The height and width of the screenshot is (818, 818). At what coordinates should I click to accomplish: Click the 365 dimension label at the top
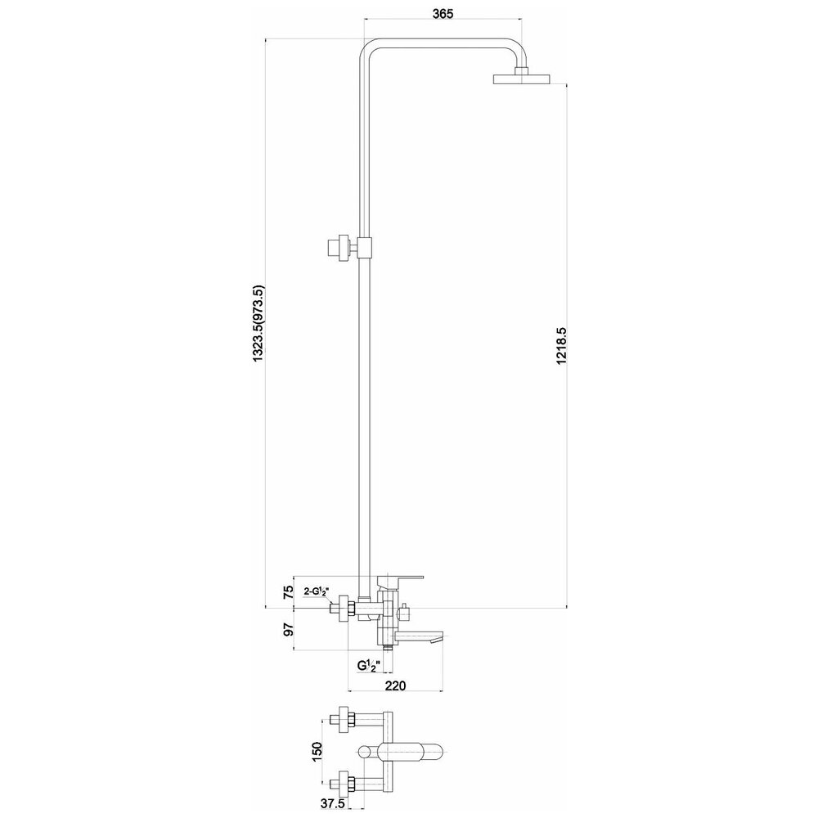(443, 14)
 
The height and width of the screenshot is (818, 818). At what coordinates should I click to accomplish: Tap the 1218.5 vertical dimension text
(561, 346)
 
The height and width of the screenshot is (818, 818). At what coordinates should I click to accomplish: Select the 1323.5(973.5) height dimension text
(258, 324)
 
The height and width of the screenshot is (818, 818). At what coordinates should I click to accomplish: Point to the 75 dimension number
(288, 592)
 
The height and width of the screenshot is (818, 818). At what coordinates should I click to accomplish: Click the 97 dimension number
(288, 629)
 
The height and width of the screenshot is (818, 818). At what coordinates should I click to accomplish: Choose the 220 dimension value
(395, 685)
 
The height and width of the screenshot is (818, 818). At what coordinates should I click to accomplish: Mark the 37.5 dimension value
(332, 804)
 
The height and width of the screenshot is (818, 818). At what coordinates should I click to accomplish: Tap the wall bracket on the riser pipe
(349, 247)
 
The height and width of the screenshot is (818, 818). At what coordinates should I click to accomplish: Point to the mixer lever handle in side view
(400, 580)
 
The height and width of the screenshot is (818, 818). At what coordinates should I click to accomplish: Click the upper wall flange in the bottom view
(344, 721)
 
